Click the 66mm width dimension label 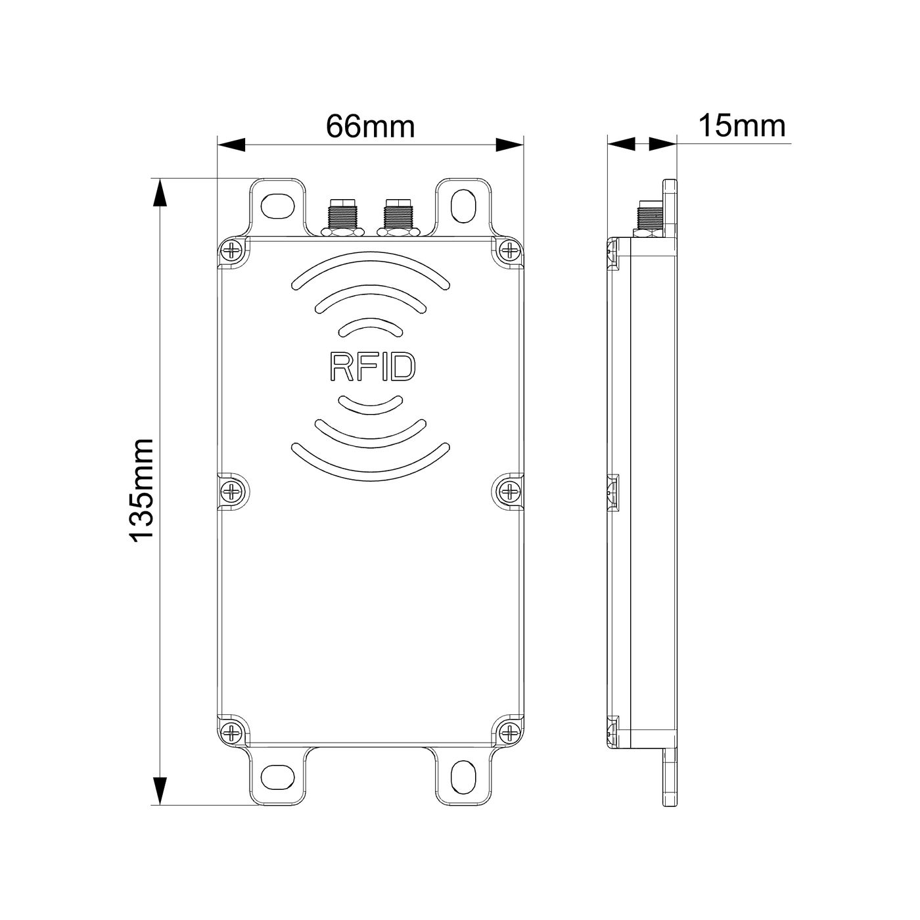coord(370,127)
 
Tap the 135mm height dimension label coord(142,490)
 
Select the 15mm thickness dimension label coord(742,126)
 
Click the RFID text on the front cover coord(373,367)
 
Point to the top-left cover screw coord(233,249)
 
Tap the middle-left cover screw coord(233,490)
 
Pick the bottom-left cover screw coord(233,731)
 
